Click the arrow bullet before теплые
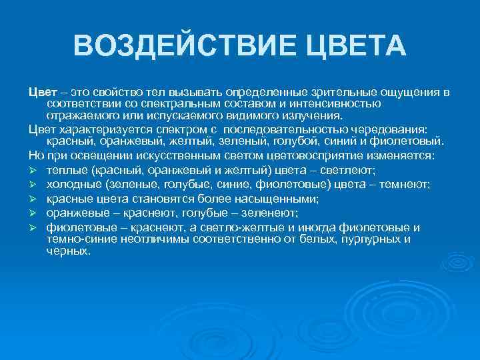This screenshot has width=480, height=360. pos(33,170)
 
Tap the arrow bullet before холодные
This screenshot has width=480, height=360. pos(33,185)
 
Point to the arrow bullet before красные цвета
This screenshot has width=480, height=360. pos(33,199)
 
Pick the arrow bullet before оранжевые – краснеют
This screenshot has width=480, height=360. pos(33,213)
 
